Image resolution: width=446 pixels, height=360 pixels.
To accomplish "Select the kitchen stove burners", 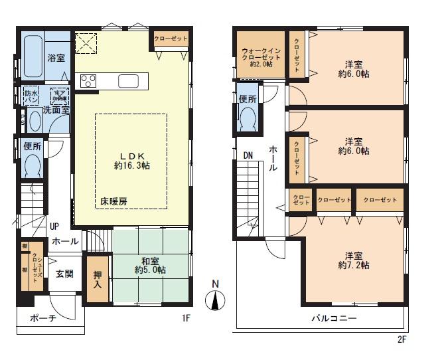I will coord(89,80).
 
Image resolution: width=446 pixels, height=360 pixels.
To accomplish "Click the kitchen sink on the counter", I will coord(128,80).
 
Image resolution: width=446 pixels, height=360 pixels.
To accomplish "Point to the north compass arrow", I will coord(214,300).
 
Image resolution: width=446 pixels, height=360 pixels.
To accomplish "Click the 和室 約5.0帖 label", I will coord(150,265).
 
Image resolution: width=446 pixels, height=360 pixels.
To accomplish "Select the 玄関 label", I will coord(64,274).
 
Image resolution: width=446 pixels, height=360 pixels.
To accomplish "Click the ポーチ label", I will coord(43,318).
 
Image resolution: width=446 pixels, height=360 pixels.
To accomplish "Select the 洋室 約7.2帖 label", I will coord(353,260).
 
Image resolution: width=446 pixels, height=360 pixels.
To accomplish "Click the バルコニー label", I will coord(334,318).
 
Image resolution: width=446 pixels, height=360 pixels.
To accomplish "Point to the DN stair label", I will coord(248,155).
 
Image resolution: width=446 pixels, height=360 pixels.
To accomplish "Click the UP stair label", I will coord(53,226).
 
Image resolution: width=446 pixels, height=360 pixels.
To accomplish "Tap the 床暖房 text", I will coord(113,200).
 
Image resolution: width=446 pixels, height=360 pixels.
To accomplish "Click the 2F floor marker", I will coord(402,339).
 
